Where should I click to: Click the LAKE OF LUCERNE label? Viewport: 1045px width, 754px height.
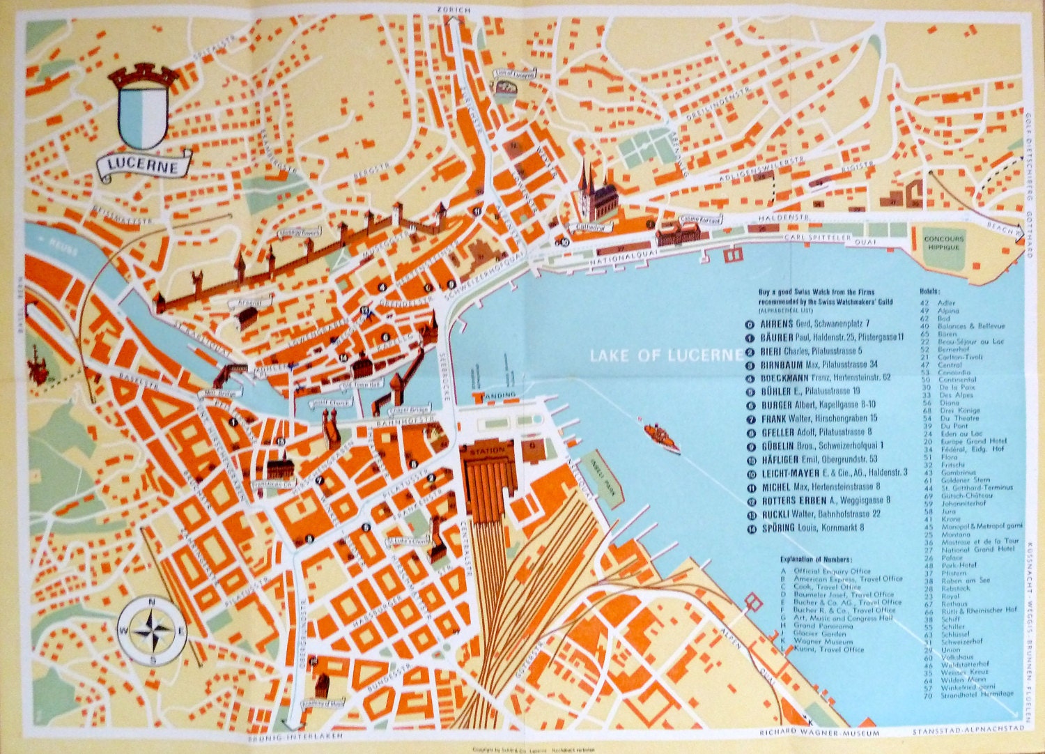coord(665,355)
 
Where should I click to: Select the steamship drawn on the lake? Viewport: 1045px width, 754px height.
coord(660,435)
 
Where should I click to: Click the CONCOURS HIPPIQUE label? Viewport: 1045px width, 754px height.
coord(944,243)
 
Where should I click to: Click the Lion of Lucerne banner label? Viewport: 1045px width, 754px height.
coord(516,72)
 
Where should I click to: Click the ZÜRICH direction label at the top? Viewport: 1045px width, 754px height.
coord(454,10)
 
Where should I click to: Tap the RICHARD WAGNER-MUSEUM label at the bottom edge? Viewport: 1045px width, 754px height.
coord(819,733)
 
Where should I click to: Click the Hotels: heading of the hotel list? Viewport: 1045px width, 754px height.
coord(930,291)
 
